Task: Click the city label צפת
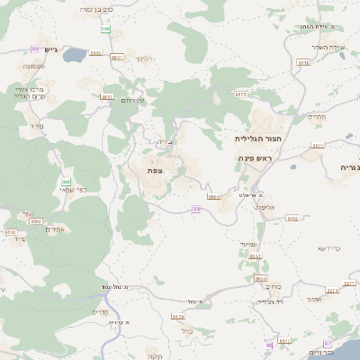click(155, 170)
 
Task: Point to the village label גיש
click(50, 49)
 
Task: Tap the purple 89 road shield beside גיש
click(35, 49)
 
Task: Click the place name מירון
click(37, 127)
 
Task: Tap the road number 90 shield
click(268, 345)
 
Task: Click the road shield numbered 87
click(284, 341)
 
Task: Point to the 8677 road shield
click(317, 145)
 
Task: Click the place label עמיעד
click(249, 244)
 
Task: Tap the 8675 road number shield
click(239, 94)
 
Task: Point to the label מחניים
click(317, 116)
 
